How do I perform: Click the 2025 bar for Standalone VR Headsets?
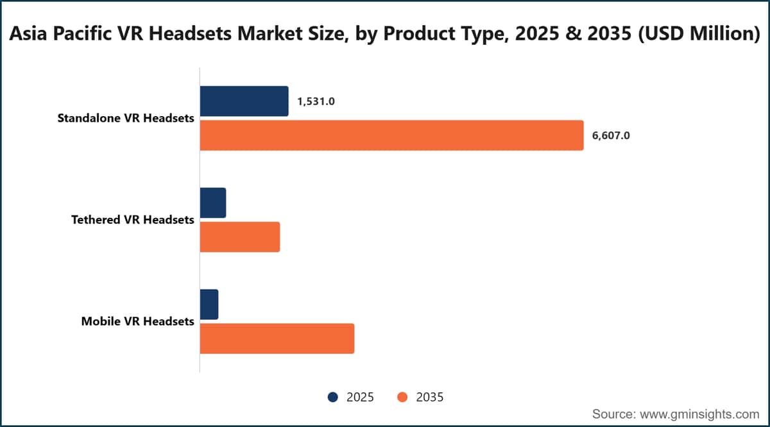click(244, 101)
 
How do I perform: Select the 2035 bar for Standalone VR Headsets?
click(392, 135)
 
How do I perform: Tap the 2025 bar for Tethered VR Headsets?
click(213, 203)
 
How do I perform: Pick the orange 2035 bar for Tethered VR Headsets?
click(240, 237)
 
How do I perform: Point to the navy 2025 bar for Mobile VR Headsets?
click(209, 305)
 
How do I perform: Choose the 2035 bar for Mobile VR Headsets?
click(277, 339)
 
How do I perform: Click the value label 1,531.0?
click(316, 101)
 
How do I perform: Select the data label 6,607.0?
click(611, 136)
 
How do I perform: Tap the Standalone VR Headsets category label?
click(126, 118)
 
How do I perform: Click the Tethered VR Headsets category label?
click(133, 219)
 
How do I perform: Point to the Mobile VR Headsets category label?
click(138, 321)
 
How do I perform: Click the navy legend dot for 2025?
click(333, 397)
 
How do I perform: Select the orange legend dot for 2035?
click(402, 397)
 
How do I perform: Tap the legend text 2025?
click(360, 397)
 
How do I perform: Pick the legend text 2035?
click(430, 397)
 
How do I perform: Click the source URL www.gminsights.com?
click(699, 414)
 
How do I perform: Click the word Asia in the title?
click(28, 34)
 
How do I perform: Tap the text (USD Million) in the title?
click(699, 34)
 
